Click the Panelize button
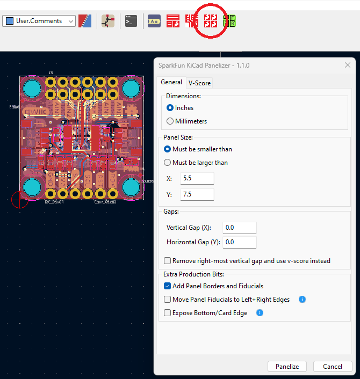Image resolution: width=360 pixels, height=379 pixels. (x=287, y=367)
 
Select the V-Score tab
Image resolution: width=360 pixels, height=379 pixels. (x=199, y=83)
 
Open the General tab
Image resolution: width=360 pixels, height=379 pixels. (x=171, y=82)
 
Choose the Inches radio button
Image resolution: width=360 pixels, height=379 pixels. (x=170, y=108)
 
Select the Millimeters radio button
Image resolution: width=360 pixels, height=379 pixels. (x=170, y=121)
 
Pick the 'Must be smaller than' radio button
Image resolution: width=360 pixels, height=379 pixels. (x=168, y=149)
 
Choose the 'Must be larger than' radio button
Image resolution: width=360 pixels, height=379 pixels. (x=168, y=163)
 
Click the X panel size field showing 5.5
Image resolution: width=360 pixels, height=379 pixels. (x=197, y=179)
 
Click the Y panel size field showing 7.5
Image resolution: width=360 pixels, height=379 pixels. (x=197, y=194)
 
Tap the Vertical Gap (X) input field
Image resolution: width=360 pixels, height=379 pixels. (x=239, y=228)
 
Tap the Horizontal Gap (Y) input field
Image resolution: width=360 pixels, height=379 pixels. (x=239, y=242)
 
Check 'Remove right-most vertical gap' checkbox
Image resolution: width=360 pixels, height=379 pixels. (x=168, y=261)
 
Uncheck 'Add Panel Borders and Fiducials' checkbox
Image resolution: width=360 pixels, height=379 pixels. (x=168, y=286)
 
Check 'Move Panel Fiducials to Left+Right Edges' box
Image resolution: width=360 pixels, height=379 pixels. (x=168, y=300)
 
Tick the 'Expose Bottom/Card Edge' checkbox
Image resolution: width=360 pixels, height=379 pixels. (x=168, y=313)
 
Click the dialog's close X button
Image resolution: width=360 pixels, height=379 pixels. (x=347, y=65)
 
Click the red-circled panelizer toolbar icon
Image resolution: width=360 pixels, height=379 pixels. (x=211, y=21)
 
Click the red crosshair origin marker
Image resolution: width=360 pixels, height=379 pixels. (x=20, y=200)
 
